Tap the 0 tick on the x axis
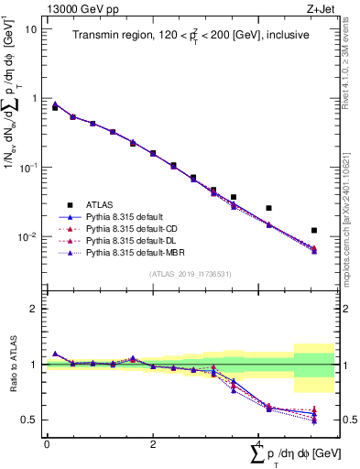tap(47, 443)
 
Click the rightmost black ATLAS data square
tap(314, 230)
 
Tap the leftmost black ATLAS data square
tap(55, 108)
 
